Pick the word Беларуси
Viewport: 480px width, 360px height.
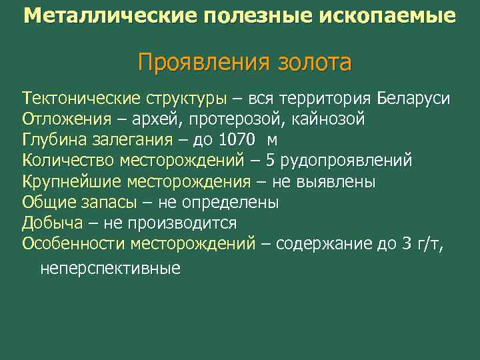coord(413,99)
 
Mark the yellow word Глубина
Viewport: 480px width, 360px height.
coord(56,140)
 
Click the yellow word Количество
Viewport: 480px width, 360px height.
coord(69,161)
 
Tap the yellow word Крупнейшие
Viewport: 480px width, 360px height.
coord(70,181)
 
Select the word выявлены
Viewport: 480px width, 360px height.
coord(337,181)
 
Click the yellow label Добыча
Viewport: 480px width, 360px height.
coord(53,223)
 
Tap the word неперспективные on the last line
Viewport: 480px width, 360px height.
coord(110,269)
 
